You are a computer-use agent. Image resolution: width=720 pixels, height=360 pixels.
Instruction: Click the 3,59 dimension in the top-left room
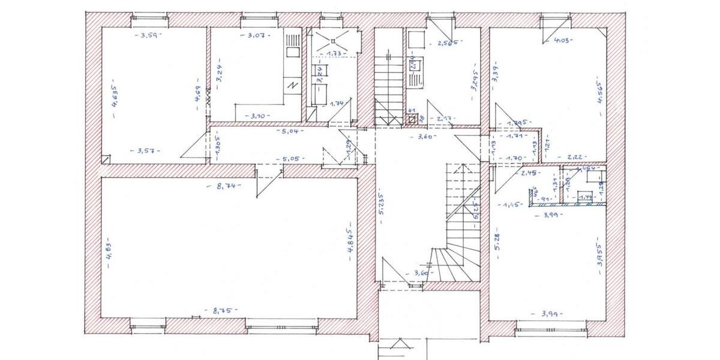coord(148,36)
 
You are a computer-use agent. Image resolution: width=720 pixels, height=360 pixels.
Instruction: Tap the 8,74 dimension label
coord(227,187)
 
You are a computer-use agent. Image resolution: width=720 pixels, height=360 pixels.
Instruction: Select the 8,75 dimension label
coord(223,311)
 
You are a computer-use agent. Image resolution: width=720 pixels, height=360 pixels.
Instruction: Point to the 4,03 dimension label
coord(562,41)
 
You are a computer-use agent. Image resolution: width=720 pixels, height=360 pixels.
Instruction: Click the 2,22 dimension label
coord(573,157)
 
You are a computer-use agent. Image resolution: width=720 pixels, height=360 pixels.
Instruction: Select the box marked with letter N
coord(292,85)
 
